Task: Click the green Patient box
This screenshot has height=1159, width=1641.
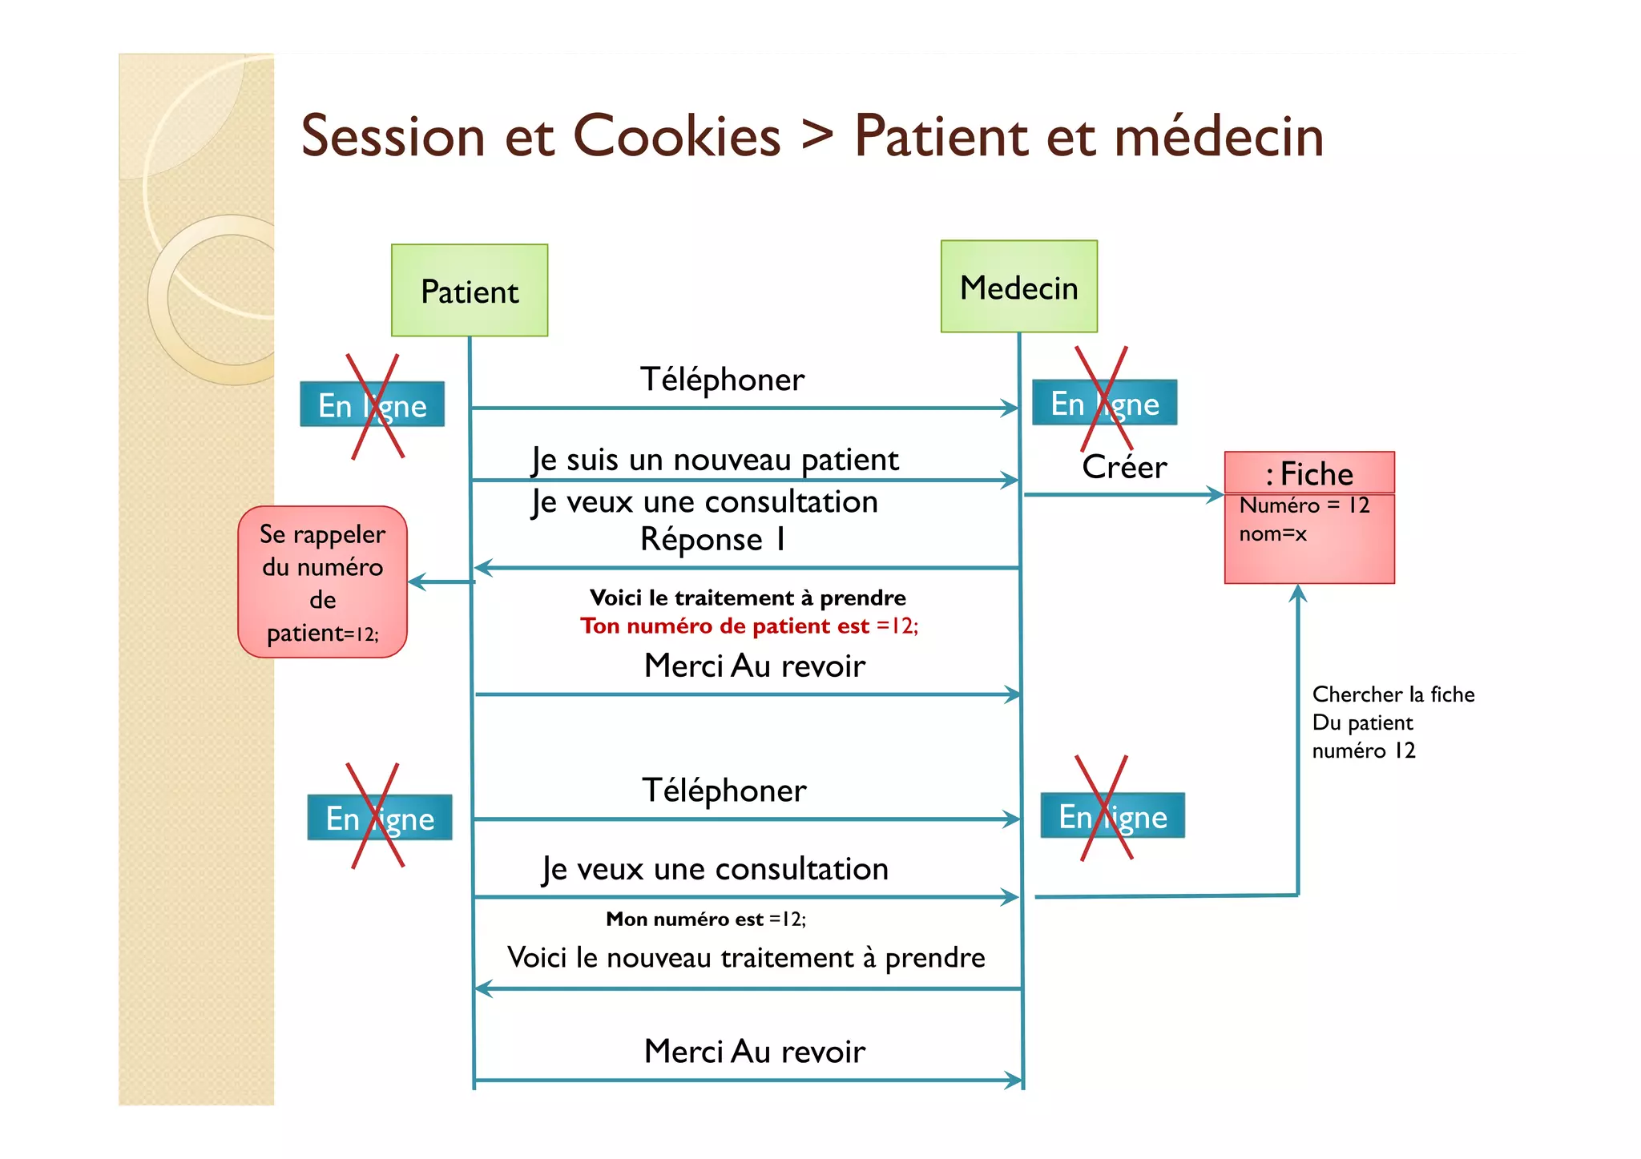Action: [x=470, y=291]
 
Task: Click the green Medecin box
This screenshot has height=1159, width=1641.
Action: [x=1018, y=287]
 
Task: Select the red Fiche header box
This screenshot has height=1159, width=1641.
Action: [x=1309, y=473]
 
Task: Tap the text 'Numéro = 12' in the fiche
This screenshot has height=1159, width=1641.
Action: [x=1304, y=505]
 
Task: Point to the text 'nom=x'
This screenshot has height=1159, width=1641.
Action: [x=1272, y=533]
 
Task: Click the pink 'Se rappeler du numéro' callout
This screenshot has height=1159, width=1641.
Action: [x=322, y=582]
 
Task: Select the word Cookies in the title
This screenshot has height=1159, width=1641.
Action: [x=677, y=136]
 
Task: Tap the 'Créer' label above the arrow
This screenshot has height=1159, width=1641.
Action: [x=1123, y=467]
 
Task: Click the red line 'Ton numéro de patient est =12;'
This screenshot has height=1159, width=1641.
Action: [x=749, y=626]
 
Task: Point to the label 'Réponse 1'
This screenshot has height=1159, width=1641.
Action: [x=712, y=539]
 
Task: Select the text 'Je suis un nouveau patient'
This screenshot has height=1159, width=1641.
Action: [x=715, y=460]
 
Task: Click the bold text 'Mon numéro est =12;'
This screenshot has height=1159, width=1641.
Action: [x=705, y=919]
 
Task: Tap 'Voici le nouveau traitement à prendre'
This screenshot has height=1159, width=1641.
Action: [x=746, y=957]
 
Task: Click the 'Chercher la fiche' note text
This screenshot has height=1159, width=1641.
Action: [x=1393, y=694]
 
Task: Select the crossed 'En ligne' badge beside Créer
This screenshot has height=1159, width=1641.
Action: [x=1104, y=403]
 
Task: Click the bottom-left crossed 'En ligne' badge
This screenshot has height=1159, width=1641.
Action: [x=380, y=818]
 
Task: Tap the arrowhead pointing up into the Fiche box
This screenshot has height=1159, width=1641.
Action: [x=1298, y=594]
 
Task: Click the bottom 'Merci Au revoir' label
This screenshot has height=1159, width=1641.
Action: [x=754, y=1052]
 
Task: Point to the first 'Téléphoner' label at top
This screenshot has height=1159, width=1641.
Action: [x=722, y=380]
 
